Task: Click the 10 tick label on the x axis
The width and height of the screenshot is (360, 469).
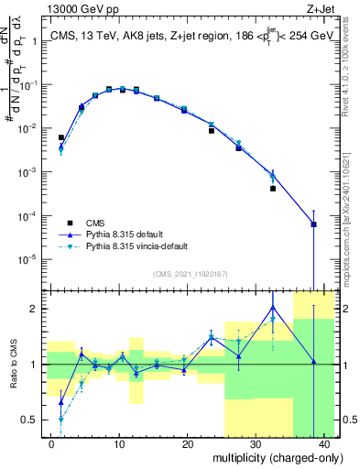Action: (119, 444)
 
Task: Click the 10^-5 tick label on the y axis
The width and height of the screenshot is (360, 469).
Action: (28, 259)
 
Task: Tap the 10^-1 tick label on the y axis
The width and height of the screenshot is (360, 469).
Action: (28, 85)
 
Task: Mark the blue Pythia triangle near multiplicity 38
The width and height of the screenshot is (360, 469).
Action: (314, 224)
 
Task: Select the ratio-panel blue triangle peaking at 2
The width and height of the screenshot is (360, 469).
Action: (273, 308)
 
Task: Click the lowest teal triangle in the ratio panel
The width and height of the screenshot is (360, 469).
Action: (61, 420)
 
